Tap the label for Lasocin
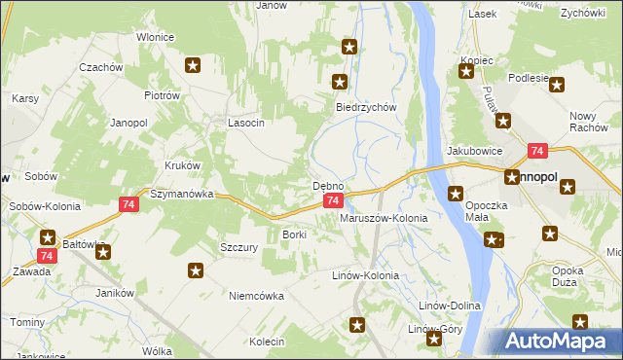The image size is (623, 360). click(246, 124)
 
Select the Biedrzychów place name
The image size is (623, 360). click(366, 108)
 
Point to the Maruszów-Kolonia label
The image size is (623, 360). click(383, 219)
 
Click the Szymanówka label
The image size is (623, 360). click(181, 194)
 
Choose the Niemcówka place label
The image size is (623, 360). click(256, 296)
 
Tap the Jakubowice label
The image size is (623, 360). click(474, 152)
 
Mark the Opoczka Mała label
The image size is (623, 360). click(495, 213)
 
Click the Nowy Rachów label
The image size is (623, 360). click(589, 123)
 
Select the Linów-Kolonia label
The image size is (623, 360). click(366, 276)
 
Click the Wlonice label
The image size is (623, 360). click(155, 37)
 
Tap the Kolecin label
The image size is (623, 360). click(266, 342)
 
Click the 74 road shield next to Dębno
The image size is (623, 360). click(333, 200)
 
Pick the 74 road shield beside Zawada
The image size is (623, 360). click(44, 255)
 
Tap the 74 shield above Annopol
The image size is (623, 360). click(537, 151)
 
